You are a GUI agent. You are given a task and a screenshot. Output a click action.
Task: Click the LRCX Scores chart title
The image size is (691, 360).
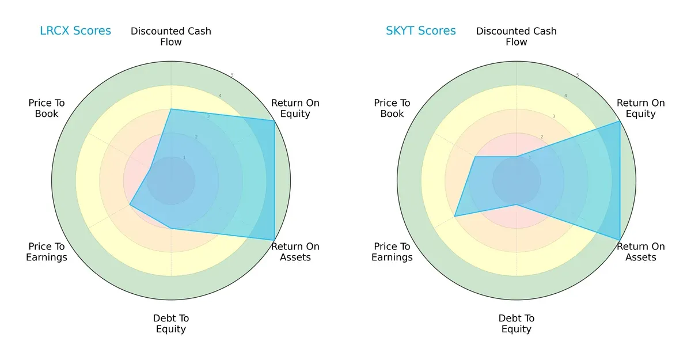(75, 31)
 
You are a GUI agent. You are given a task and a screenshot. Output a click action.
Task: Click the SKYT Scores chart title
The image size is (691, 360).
(420, 31)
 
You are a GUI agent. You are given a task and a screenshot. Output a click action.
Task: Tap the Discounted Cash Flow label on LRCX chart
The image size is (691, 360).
(171, 36)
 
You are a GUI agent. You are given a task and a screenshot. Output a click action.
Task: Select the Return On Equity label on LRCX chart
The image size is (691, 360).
(295, 108)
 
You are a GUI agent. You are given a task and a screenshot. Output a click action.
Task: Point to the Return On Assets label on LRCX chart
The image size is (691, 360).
(295, 252)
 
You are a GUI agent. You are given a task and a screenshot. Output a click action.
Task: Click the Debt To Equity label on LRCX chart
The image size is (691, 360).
(171, 324)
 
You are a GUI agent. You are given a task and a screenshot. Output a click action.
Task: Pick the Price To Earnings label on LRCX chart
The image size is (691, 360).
(47, 252)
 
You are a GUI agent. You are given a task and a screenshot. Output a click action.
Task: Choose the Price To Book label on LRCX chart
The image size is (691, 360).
(47, 108)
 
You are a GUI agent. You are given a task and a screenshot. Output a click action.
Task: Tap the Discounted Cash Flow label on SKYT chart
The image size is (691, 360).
(517, 36)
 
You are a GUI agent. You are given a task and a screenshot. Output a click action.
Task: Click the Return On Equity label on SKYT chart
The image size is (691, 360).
(641, 108)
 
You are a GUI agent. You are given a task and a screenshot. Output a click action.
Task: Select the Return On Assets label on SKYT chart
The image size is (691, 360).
(641, 252)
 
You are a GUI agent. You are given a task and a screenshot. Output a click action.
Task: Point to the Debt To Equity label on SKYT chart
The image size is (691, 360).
(517, 324)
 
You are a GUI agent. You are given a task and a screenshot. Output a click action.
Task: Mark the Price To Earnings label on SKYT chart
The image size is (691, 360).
(392, 252)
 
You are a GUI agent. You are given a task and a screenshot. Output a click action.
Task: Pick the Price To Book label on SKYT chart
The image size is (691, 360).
(392, 108)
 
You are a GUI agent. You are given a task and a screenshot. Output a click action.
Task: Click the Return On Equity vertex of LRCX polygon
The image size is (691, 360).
(274, 120)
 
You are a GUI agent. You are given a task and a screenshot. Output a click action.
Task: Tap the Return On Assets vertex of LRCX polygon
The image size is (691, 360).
(274, 240)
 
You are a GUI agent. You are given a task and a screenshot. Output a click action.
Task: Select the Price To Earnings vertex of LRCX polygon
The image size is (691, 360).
(130, 204)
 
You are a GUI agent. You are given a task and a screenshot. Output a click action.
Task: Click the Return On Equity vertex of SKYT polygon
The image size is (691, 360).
(620, 120)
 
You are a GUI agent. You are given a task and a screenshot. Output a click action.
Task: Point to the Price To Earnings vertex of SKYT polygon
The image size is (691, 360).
(454, 216)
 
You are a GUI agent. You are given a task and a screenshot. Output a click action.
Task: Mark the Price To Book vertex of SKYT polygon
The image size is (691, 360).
(475, 156)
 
